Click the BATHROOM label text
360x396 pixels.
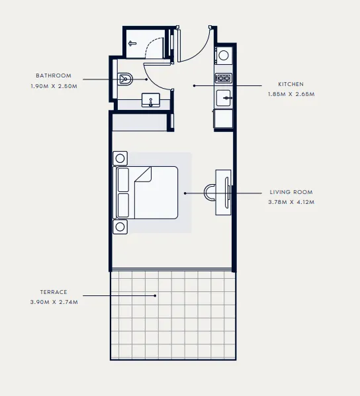(x=54, y=75)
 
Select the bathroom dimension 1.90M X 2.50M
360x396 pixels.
(x=54, y=86)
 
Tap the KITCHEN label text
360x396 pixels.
(x=291, y=85)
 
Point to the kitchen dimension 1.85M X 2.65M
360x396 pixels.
(x=291, y=95)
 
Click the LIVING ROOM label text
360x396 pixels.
(x=291, y=192)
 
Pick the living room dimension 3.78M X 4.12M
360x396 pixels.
(x=291, y=202)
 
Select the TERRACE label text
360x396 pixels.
(x=54, y=292)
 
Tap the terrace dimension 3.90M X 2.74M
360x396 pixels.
(x=54, y=303)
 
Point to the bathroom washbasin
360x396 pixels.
(x=152, y=101)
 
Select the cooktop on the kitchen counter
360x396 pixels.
(x=224, y=78)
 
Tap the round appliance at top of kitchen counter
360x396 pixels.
(x=224, y=56)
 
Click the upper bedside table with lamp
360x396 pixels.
(x=121, y=158)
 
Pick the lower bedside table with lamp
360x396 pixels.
(x=121, y=226)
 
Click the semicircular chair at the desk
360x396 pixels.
(x=210, y=192)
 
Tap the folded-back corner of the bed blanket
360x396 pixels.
(x=144, y=175)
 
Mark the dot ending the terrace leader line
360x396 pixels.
(x=156, y=296)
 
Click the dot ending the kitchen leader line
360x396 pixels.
(x=194, y=85)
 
